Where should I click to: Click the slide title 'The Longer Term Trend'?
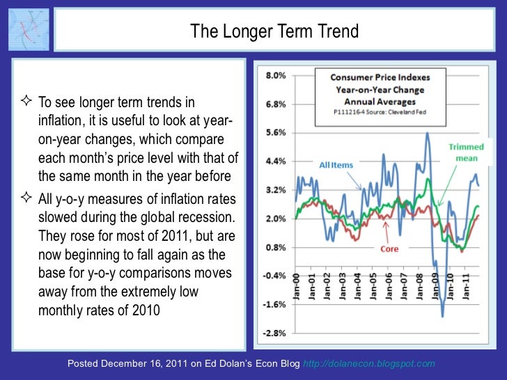[275, 31]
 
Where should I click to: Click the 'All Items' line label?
[336, 166]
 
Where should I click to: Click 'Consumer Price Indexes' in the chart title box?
[380, 78]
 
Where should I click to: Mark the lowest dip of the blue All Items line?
[442, 317]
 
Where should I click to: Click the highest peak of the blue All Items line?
[426, 133]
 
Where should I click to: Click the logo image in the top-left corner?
[29, 31]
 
